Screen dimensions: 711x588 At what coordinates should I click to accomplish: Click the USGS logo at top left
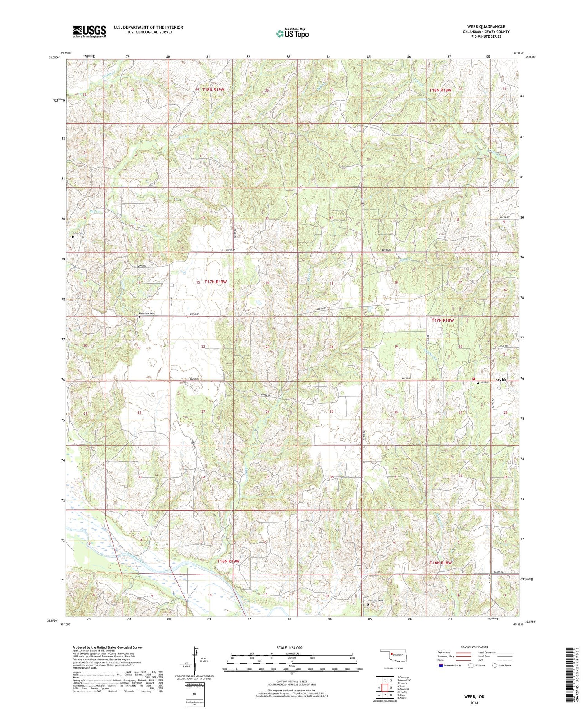tap(89, 31)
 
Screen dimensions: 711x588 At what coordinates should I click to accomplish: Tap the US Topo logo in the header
tap(292, 33)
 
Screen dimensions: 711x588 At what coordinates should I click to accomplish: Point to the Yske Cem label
tap(78, 234)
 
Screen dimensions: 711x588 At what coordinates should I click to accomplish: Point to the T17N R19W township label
tap(216, 282)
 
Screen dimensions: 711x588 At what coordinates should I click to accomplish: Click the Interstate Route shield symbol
tap(441, 666)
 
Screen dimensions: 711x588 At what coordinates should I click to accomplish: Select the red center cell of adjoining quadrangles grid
tap(385, 676)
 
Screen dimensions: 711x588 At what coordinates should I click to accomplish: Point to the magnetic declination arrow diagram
tap(194, 659)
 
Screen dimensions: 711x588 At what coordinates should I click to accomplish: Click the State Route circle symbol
tap(495, 666)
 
